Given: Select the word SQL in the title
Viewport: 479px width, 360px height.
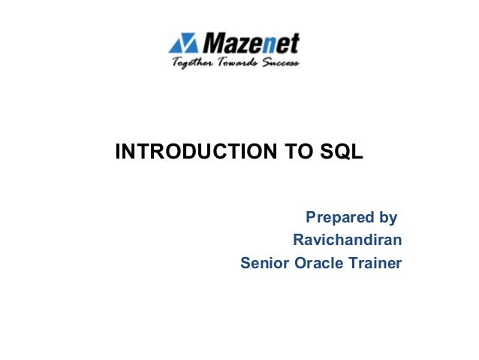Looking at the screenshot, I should point(342,153).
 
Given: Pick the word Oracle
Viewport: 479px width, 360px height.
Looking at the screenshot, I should point(318,264).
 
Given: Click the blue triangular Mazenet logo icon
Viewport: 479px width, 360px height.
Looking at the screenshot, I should point(183,44).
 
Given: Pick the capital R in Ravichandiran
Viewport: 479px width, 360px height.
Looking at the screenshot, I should point(298,241).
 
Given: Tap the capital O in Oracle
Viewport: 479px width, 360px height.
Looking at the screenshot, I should point(298,264).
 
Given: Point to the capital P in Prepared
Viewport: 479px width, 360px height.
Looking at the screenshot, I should point(311,219).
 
